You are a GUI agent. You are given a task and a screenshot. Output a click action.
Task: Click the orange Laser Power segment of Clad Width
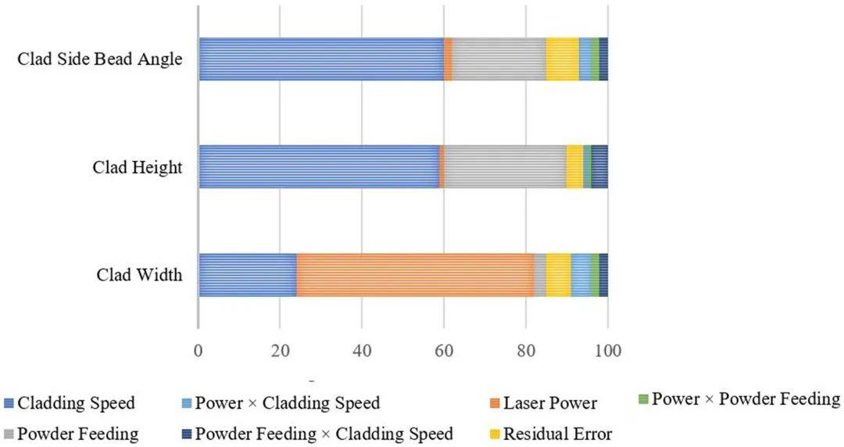click(415, 275)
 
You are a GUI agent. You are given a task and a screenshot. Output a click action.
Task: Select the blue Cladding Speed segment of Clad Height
click(319, 166)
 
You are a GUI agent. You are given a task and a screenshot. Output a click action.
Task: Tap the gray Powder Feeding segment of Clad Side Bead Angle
click(499, 59)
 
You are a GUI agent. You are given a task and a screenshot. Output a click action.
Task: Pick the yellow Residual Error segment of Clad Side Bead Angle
click(562, 59)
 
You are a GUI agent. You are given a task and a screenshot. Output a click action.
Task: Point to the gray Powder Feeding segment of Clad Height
click(505, 166)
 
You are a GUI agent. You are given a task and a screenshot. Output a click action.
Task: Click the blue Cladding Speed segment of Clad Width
click(248, 275)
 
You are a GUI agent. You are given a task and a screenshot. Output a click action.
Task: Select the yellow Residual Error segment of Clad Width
click(559, 275)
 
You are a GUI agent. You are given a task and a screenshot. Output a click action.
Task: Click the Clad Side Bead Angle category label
click(100, 59)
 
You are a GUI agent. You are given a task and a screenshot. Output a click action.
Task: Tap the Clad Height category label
click(137, 166)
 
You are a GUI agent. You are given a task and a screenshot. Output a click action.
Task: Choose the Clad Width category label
click(139, 275)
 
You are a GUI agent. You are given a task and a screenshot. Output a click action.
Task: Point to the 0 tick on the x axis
click(198, 350)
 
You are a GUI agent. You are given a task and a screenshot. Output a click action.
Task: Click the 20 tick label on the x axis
click(280, 350)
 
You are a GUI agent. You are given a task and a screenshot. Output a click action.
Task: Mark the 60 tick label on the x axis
click(444, 350)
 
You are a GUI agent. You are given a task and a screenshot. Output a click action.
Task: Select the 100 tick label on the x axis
click(607, 350)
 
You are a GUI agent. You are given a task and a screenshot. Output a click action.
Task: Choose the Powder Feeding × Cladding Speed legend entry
click(324, 434)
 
